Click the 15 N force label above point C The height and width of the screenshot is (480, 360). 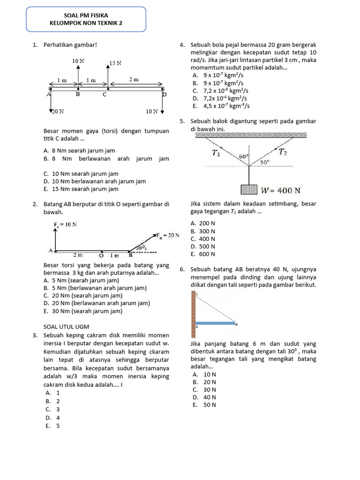115,63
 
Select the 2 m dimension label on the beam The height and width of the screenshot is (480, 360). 134,80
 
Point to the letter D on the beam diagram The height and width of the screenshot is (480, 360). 164,95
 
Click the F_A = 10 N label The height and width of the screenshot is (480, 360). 65,225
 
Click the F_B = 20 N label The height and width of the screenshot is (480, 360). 168,235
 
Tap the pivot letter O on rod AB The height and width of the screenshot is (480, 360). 101,256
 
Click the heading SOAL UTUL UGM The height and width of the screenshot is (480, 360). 66,326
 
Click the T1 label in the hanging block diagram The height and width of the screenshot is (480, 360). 216,153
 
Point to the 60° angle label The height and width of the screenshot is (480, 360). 244,157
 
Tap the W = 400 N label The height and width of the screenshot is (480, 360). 281,190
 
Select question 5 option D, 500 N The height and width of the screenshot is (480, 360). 203,247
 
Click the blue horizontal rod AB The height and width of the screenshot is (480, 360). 216,323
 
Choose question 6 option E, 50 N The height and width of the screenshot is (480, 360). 204,405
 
